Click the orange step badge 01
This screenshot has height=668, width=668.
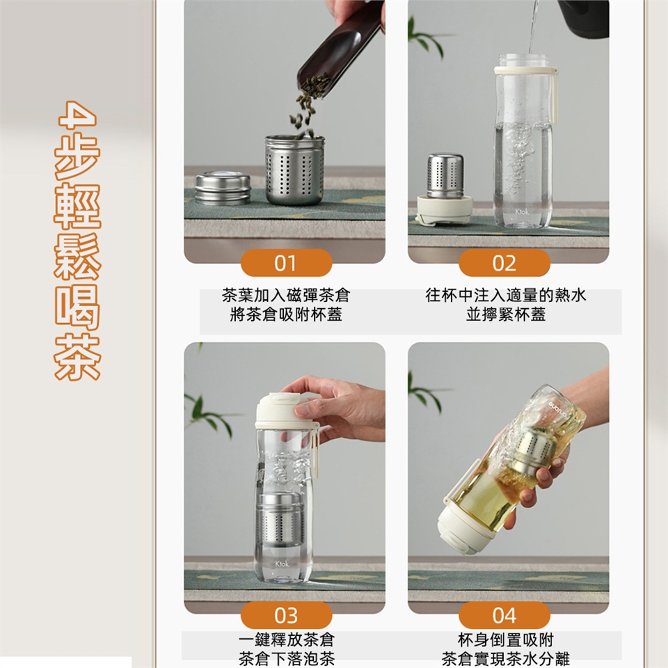tap(286, 263)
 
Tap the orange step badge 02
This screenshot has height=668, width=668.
tap(504, 263)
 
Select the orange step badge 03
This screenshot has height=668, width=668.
tap(286, 615)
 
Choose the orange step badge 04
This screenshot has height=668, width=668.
tap(504, 615)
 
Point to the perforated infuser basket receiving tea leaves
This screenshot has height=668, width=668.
tap(295, 170)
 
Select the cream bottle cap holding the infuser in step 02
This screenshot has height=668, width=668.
tap(445, 209)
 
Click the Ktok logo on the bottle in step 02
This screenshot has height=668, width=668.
tap(522, 212)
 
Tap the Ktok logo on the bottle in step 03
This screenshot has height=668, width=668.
tap(282, 564)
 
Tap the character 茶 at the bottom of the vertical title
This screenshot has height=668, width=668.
tap(77, 357)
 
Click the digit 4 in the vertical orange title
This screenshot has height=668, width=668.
tap(77, 114)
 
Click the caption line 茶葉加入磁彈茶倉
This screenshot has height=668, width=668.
tap(286, 295)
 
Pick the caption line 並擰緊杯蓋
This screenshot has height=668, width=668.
tap(506, 315)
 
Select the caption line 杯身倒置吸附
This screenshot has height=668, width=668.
tap(506, 640)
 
